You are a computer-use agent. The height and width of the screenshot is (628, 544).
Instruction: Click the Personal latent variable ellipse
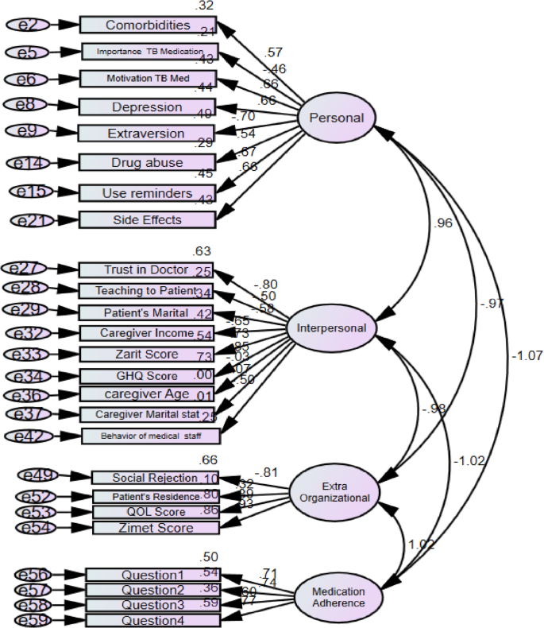336,118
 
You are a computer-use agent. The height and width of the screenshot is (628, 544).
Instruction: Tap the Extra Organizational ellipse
334,492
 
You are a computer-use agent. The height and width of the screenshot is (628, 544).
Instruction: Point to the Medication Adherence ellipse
338,597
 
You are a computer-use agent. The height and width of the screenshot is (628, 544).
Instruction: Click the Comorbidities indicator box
147,25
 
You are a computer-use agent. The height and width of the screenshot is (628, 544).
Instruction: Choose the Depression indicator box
147,107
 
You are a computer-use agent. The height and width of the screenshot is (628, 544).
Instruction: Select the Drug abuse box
147,162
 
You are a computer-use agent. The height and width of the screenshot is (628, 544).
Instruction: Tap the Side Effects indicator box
147,219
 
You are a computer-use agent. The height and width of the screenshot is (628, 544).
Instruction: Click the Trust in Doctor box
147,269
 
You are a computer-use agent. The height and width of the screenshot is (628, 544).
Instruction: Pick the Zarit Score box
147,354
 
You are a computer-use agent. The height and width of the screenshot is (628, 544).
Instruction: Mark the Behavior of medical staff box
150,436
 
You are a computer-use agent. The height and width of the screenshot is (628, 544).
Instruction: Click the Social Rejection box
154,478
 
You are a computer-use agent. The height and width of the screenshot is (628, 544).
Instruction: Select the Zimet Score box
154,528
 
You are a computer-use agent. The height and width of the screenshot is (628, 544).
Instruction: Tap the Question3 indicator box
153,605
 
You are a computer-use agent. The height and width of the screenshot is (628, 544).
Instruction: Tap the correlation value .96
445,223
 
